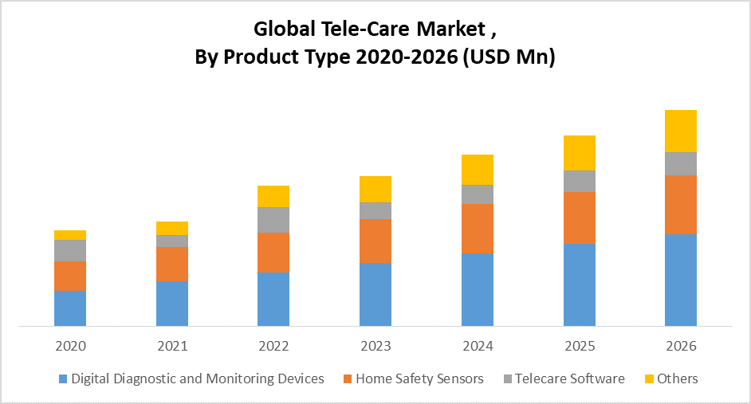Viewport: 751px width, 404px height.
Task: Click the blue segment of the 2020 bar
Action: click(x=70, y=308)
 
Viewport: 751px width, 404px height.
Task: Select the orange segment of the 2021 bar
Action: click(x=172, y=264)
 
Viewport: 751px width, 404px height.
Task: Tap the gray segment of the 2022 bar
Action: click(x=273, y=220)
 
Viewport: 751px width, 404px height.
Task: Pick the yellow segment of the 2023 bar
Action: click(x=375, y=189)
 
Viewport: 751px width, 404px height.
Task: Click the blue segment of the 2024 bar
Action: click(x=478, y=289)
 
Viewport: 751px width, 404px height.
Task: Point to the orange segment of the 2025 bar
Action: click(x=580, y=218)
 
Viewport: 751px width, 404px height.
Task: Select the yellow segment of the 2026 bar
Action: click(x=681, y=131)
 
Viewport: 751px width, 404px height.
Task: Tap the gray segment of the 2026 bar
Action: click(x=681, y=163)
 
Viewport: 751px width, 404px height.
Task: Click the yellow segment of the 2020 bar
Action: click(x=70, y=235)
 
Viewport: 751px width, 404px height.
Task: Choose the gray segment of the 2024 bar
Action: click(x=478, y=194)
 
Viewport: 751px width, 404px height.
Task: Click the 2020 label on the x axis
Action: click(x=70, y=347)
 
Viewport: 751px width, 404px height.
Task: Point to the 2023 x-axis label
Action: click(x=375, y=347)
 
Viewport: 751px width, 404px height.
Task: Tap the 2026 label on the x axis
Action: click(x=681, y=347)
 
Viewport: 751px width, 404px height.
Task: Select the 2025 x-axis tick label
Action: click(x=580, y=347)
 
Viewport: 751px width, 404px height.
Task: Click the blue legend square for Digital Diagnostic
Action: click(x=63, y=379)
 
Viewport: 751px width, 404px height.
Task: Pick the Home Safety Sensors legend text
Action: click(x=419, y=379)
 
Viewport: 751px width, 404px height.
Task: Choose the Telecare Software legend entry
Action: click(x=569, y=379)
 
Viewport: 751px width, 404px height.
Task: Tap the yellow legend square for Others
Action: click(x=651, y=379)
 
